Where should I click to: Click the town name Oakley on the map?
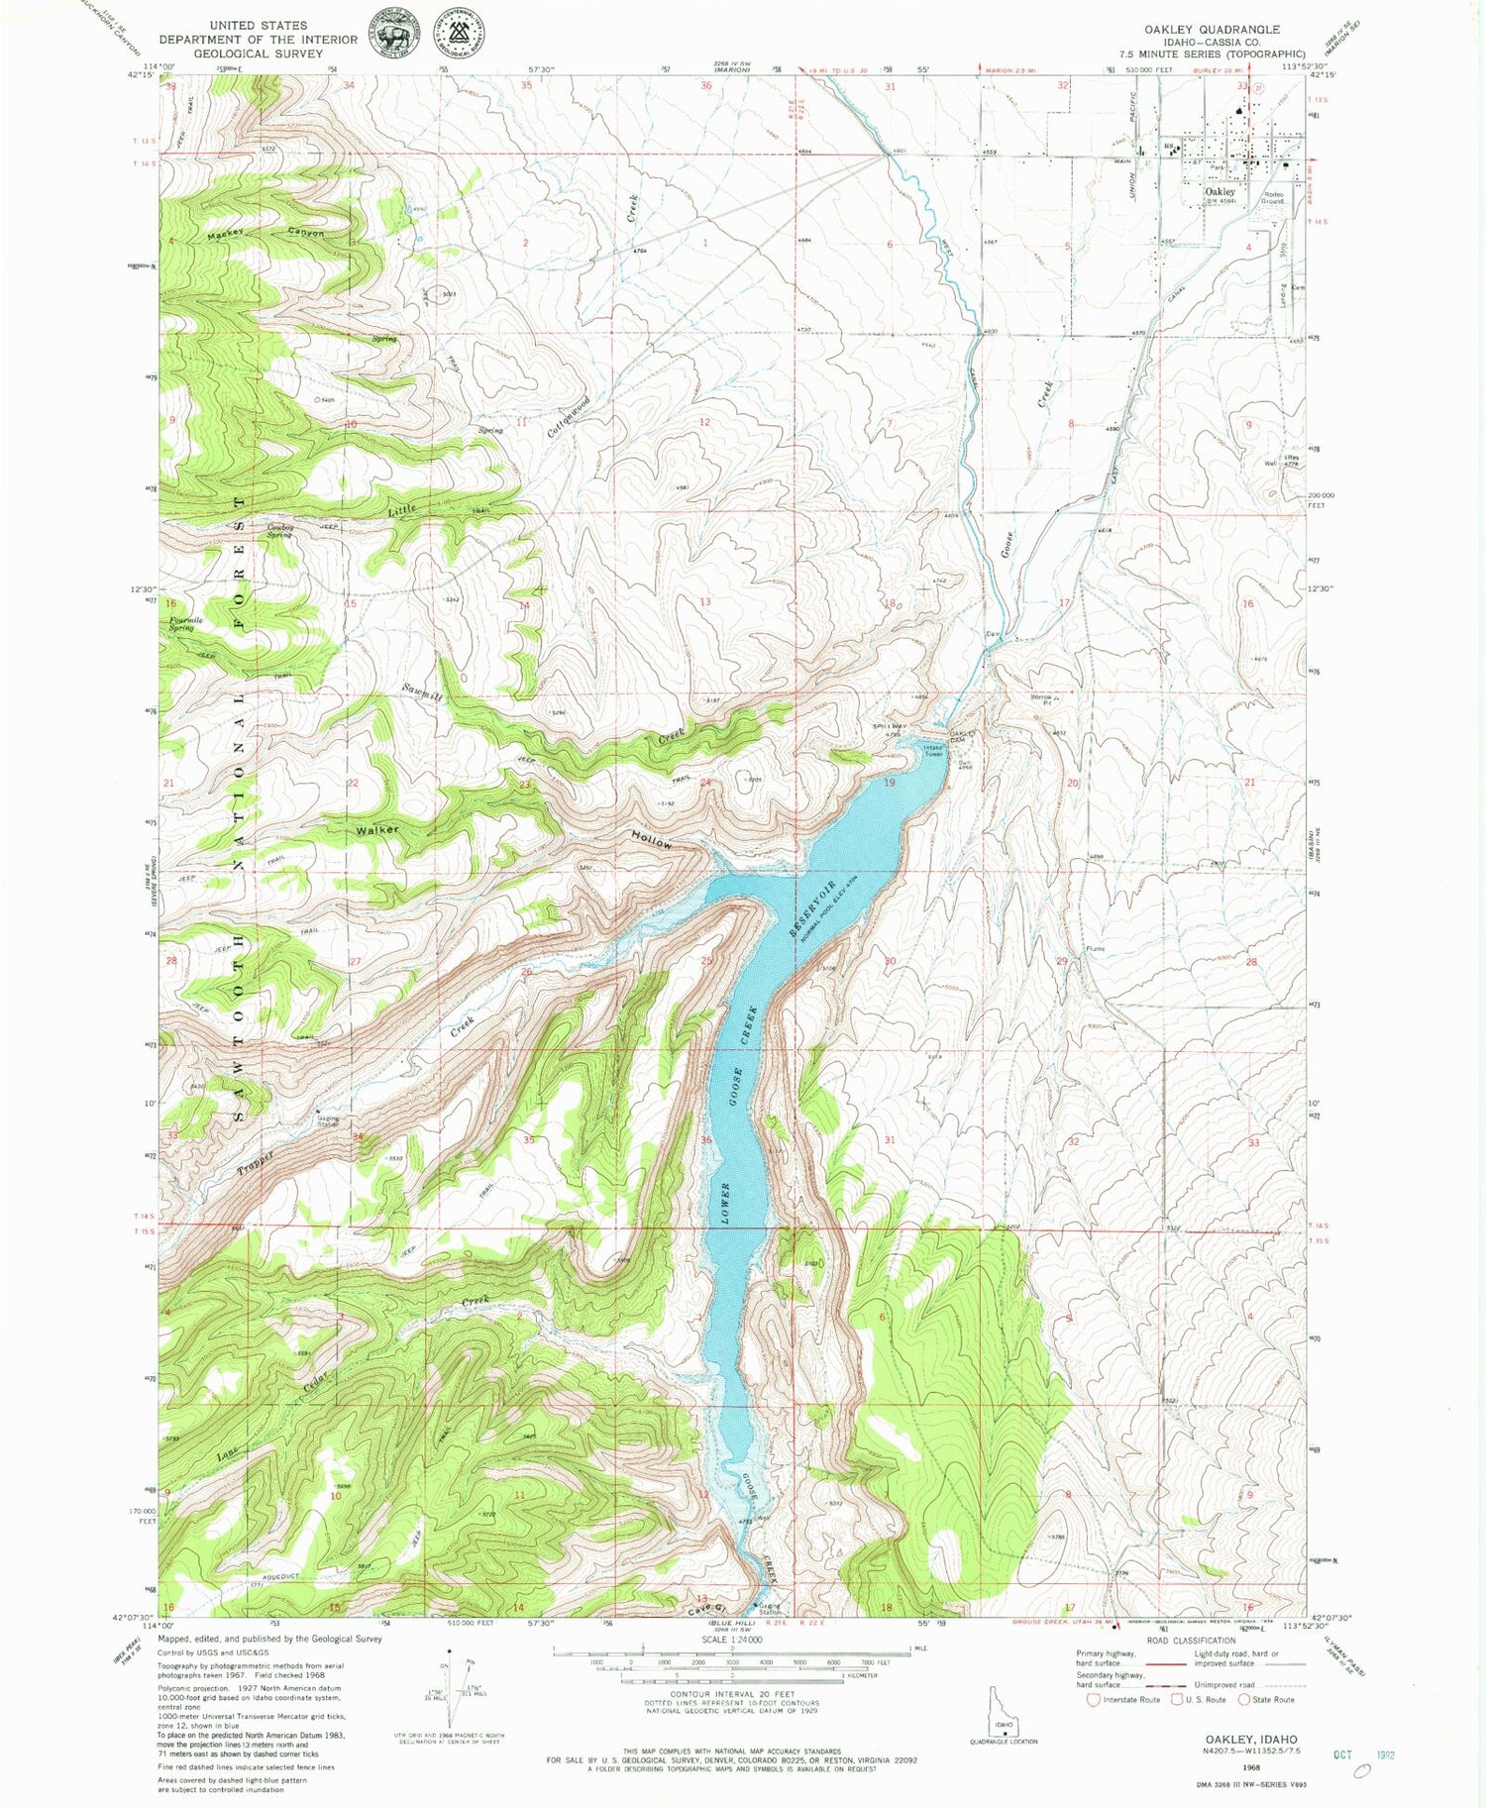coord(1220,191)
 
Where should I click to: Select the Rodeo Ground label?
coord(1273,197)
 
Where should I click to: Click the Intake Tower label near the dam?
coord(935,750)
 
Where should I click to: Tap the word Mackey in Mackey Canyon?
coord(227,236)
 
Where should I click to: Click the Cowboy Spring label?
coord(280,531)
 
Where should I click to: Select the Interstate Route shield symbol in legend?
coord(1093,1699)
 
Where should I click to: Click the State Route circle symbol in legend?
coord(1245,1699)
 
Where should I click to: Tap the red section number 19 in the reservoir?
coord(889,783)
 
